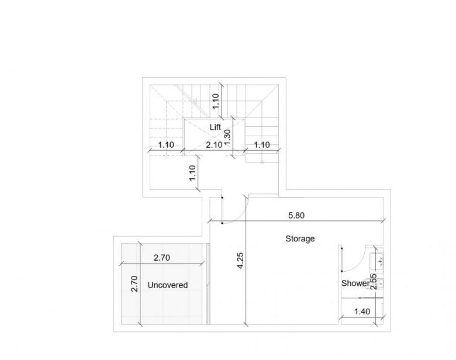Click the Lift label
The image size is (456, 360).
[215, 127]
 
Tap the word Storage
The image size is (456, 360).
[300, 239]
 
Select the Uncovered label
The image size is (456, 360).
[168, 285]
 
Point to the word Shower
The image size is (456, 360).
[355, 283]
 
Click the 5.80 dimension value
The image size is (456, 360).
[296, 216]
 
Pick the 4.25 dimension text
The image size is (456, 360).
[240, 261]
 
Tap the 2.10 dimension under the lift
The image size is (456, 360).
[214, 145]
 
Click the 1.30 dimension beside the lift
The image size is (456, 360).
[227, 137]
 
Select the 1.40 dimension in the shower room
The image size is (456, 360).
[362, 311]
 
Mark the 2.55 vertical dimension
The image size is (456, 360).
[374, 282]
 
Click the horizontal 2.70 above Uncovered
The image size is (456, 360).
[162, 258]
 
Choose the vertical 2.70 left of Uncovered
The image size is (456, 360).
[134, 284]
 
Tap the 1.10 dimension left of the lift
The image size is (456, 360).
[166, 145]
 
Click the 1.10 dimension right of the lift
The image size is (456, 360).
[262, 145]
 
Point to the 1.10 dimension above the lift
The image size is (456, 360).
[216, 101]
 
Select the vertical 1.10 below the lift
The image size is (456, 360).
[192, 173]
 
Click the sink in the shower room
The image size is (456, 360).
[376, 259]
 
